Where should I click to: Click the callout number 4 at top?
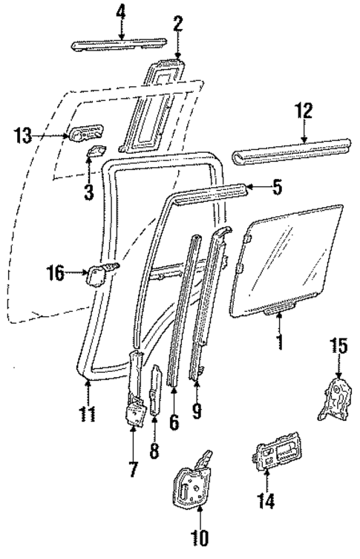(x=122, y=12)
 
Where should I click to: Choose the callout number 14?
(x=266, y=503)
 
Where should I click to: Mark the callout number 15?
(x=338, y=347)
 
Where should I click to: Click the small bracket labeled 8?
(x=155, y=390)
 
